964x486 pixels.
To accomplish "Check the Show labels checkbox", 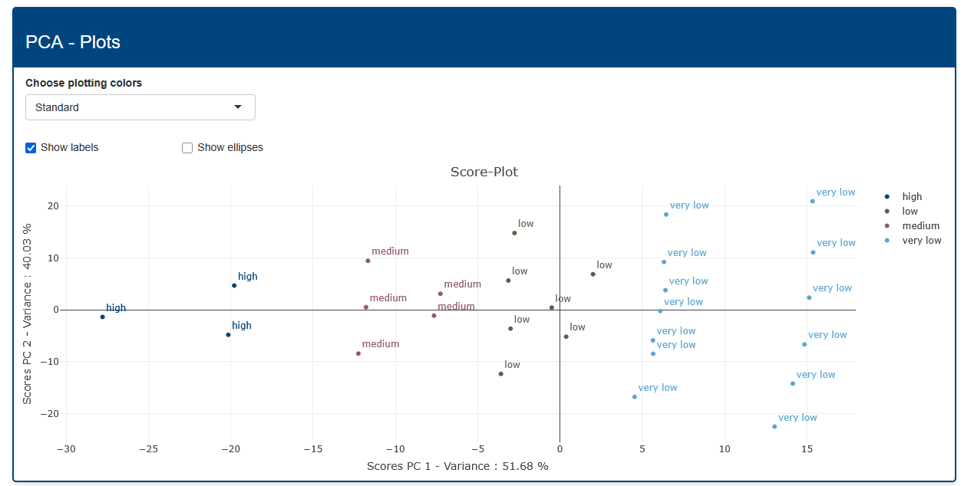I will coord(31,148).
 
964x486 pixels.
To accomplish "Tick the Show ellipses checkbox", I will coord(187,148).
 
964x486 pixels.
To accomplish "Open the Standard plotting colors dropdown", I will coord(140,107).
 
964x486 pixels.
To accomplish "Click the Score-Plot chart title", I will coord(484,172).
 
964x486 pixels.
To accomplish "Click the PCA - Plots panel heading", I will coord(73,41).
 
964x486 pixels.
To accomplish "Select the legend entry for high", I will coord(912,197).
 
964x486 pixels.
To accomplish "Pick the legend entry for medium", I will coord(920,226).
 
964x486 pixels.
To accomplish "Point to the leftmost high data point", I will coord(102,317).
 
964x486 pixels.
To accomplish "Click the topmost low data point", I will coord(514,233).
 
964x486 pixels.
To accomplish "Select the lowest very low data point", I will coord(774,426).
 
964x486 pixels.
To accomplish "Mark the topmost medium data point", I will coord(368,261).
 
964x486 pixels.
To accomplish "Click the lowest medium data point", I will coord(358,353).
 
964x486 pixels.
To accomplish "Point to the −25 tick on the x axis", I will coord(148,448).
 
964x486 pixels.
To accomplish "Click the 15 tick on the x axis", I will coord(807,448).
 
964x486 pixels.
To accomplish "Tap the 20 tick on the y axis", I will coord(53,205).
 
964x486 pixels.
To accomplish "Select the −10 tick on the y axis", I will coord(51,361).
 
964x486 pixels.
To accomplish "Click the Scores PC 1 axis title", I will coord(457,466).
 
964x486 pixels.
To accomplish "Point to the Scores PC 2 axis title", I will coord(28,314).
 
